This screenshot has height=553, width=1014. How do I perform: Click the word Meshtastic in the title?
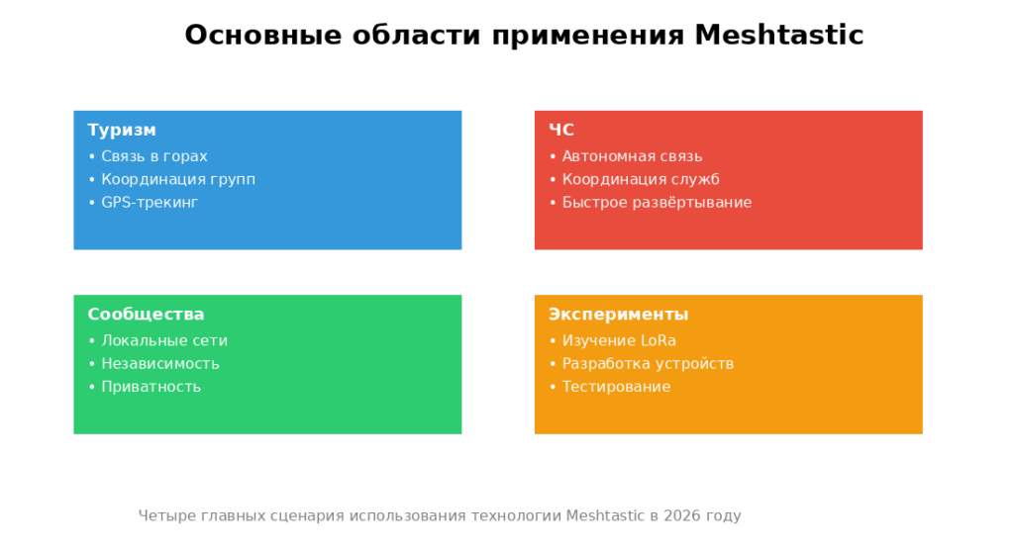(x=779, y=35)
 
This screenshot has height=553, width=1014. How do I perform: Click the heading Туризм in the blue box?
(x=122, y=130)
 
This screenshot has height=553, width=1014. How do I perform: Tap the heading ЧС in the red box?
(x=561, y=130)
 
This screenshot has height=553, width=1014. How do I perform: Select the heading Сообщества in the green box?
(x=147, y=314)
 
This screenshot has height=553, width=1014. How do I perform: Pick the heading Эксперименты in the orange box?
(x=619, y=315)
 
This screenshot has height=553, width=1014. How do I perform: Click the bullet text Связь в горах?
(x=154, y=156)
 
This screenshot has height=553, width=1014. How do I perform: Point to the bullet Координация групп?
(x=178, y=180)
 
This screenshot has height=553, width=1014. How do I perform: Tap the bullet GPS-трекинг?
(x=151, y=202)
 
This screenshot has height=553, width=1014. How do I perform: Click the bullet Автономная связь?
(x=633, y=156)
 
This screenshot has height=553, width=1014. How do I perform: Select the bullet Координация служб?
(x=641, y=180)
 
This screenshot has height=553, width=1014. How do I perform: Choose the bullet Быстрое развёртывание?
(x=658, y=202)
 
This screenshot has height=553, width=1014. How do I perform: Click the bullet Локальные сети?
(x=164, y=340)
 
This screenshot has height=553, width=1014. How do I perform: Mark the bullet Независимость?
(x=160, y=364)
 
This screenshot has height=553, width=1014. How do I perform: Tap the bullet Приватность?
(x=152, y=387)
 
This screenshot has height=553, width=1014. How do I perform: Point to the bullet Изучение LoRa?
(x=620, y=340)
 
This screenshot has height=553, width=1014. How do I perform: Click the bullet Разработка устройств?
(x=648, y=364)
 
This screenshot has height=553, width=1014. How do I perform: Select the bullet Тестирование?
(x=616, y=387)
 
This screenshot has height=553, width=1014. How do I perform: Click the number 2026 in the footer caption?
(x=682, y=515)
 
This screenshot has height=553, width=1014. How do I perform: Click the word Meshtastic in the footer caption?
(x=605, y=515)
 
